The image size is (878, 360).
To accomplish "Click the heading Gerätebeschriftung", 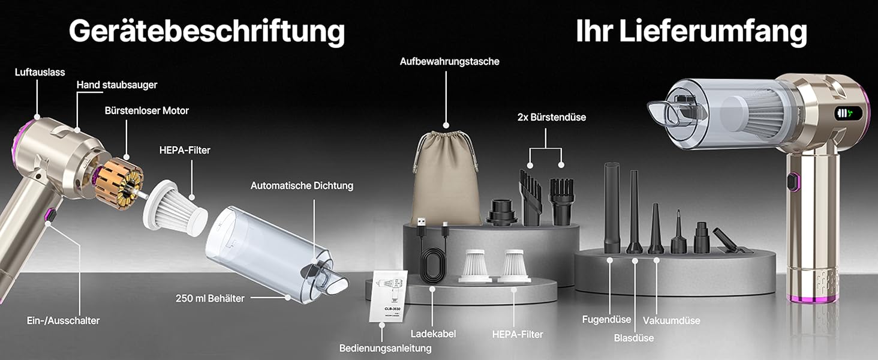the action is click(206, 32).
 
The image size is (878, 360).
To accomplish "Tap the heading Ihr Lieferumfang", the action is click(691, 31).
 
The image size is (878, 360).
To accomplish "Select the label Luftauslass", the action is click(40, 72).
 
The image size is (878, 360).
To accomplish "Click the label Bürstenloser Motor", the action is click(146, 110).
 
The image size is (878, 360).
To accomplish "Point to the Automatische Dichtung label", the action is click(302, 185).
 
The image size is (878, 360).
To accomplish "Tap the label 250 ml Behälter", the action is click(210, 298).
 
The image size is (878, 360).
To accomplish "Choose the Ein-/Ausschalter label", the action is click(63, 320).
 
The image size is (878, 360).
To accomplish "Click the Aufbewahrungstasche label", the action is click(450, 62).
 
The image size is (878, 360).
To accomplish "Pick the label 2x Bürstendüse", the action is click(552, 117).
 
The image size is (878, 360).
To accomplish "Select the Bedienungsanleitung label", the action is click(385, 348).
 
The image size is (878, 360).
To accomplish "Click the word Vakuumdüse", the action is click(672, 320).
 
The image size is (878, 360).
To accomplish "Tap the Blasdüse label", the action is click(634, 338).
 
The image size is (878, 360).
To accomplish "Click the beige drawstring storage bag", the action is click(446, 178).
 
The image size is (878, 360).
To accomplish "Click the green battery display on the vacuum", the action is click(848, 114).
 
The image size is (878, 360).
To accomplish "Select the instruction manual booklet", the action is click(388, 296).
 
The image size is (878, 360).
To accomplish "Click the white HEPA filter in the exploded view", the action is click(175, 208).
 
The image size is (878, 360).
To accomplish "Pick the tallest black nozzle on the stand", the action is click(612, 208).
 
